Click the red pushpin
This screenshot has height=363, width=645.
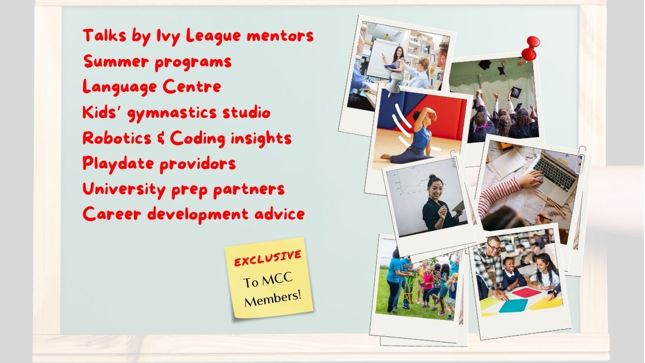coord(531,48)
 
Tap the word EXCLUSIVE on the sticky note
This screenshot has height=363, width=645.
coord(268,258)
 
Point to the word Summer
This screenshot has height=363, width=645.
coord(117,61)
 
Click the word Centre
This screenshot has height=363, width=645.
coord(192,87)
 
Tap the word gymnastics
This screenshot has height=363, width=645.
coord(172,113)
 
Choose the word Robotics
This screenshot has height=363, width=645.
coord(117,138)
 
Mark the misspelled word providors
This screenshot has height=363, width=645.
coord(198,164)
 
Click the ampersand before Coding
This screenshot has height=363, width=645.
coord(161,138)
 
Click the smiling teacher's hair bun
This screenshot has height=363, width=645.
coord(432,176)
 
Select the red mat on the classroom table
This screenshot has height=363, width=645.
coord(526,293)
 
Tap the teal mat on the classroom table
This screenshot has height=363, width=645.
coord(513,305)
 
